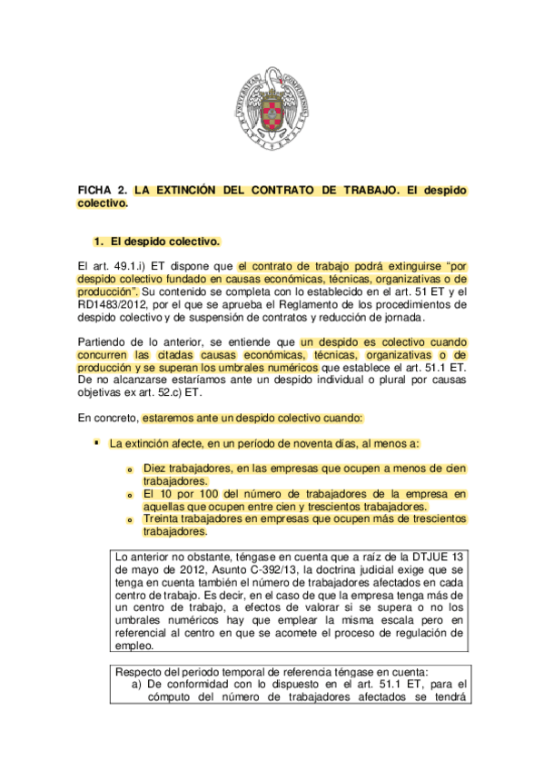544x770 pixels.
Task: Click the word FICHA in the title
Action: [x=95, y=192]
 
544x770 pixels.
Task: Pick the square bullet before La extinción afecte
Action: [x=95, y=442]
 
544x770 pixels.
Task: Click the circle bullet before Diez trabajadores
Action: [x=129, y=469]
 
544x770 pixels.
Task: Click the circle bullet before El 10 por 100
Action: [x=129, y=495]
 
